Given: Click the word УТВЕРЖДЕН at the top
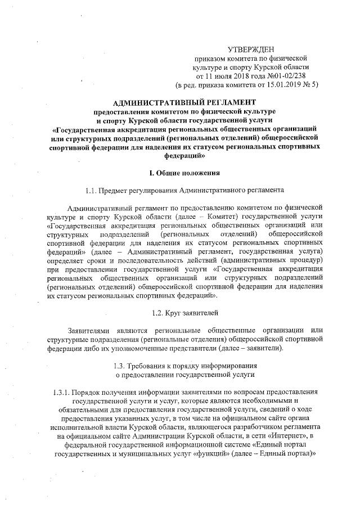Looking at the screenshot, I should [255, 49].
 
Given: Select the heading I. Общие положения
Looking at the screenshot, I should [184, 172].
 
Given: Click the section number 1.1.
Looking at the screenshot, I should [92, 190].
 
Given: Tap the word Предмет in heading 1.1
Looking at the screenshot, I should [116, 190].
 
